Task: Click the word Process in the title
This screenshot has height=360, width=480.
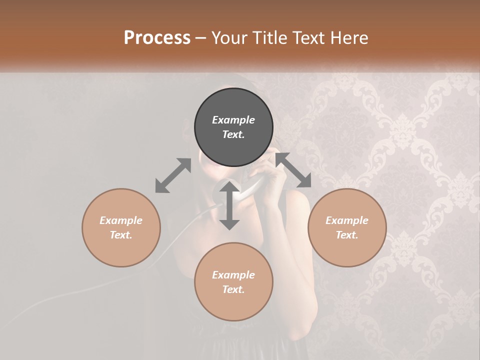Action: [x=157, y=38]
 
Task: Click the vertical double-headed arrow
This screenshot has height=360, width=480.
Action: [x=229, y=205]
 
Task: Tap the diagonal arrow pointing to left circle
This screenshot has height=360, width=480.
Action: [x=173, y=175]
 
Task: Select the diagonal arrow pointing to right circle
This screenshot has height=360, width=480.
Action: [x=293, y=170]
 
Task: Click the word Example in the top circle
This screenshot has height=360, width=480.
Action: [x=233, y=120]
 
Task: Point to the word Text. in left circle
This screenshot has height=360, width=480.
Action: [x=121, y=235]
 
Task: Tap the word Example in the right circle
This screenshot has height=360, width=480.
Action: [x=347, y=220]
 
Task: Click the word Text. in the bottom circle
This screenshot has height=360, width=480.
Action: [x=233, y=289]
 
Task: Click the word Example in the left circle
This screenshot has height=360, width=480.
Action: [x=121, y=220]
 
